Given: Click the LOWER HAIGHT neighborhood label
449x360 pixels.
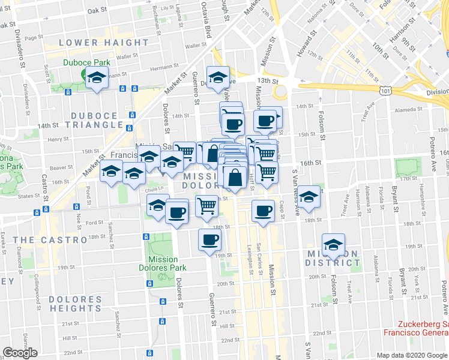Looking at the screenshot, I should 104,43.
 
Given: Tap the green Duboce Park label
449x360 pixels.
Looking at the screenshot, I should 83,62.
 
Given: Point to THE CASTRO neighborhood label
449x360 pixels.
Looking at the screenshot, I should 50,239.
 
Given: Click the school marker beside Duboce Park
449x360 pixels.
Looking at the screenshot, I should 96,78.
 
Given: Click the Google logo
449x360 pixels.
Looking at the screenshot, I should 20,353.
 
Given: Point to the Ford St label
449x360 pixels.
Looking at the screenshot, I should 95,223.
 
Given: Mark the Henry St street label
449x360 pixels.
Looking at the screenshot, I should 58,139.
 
